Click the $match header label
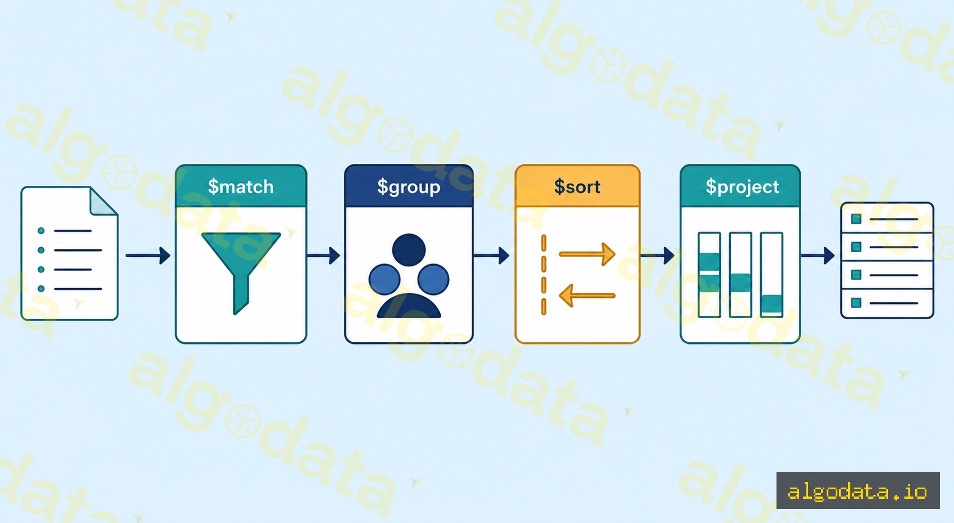pos(241,187)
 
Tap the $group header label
pos(409,187)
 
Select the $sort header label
pos(577,187)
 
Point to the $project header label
pos(742,187)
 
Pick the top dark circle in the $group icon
pos(409,250)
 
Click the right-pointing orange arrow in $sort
pos(587,254)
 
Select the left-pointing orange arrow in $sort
pos(587,296)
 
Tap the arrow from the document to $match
pos(148,256)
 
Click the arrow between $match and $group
pos(323,256)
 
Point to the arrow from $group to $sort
pos(491,256)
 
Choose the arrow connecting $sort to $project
pos(657,256)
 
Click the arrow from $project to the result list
pos(817,256)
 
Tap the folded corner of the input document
pos(103,202)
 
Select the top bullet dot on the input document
pos(41,231)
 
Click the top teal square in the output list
pos(856,219)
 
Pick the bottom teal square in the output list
pos(856,302)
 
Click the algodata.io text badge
pos(858,490)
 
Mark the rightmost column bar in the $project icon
pos(772,275)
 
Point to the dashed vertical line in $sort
pos(544,275)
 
